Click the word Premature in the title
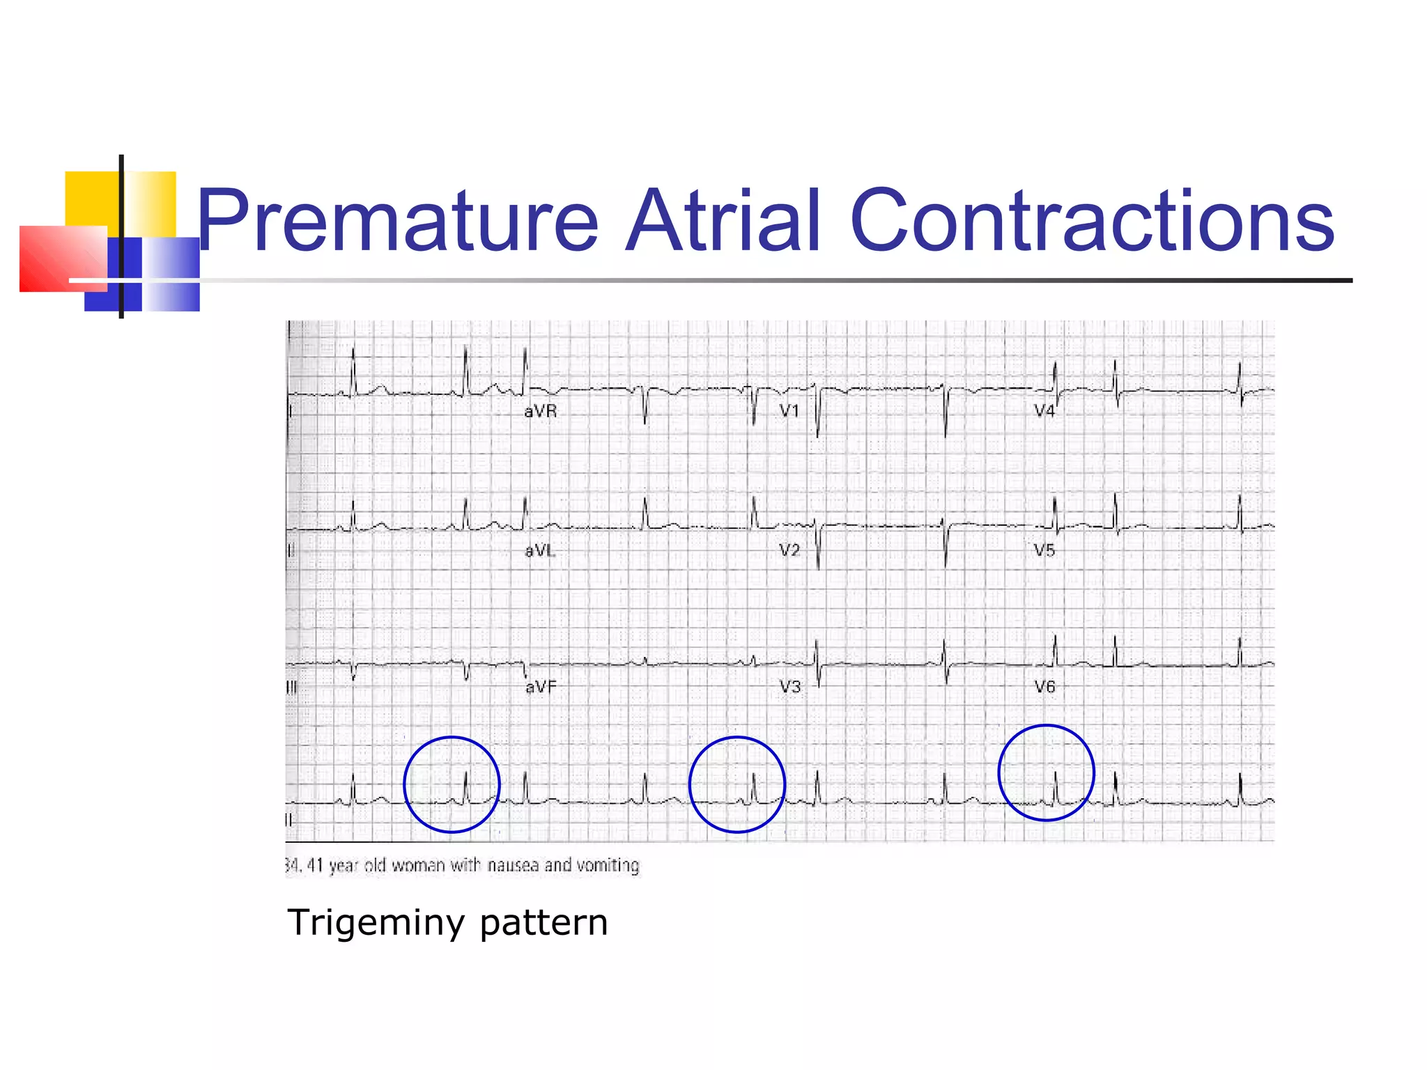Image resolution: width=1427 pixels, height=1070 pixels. click(398, 222)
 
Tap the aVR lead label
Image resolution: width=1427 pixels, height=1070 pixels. click(541, 412)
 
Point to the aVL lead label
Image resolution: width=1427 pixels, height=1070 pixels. click(540, 551)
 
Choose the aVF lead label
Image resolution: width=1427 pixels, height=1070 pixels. click(541, 688)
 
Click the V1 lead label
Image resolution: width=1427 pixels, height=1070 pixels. click(789, 411)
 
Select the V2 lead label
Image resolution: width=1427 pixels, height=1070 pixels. click(789, 550)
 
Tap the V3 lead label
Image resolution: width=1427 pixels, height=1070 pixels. click(790, 687)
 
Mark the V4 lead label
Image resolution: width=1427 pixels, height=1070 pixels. click(1044, 411)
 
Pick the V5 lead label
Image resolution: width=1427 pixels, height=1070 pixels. click(1044, 550)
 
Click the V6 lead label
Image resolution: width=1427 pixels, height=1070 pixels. click(1044, 687)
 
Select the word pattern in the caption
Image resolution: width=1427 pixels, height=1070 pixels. click(543, 923)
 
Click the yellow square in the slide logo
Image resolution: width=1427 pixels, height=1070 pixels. click(92, 198)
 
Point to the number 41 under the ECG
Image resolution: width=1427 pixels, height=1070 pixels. click(315, 865)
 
